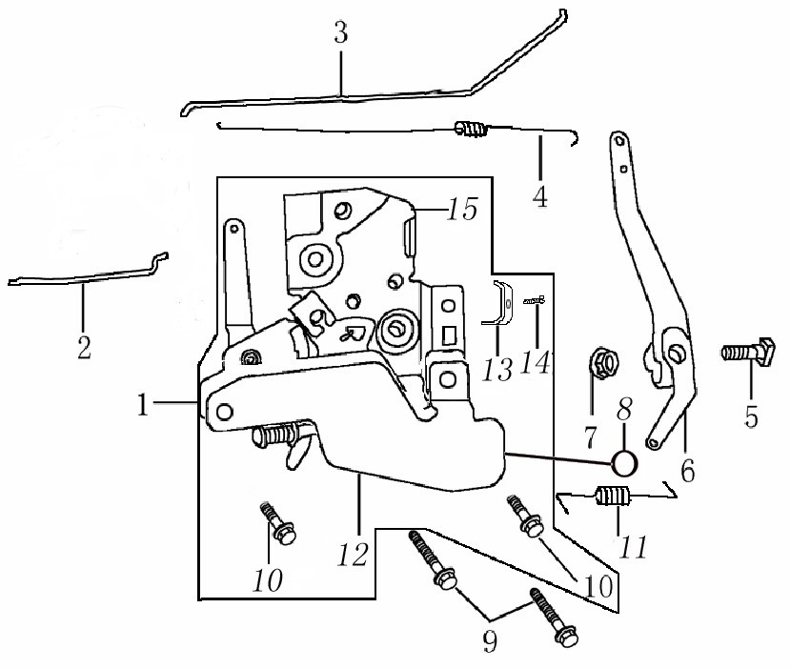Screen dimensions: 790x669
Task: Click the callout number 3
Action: tap(341, 33)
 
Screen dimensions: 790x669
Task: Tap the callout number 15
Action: tap(463, 209)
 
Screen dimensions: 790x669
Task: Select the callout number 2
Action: tap(84, 347)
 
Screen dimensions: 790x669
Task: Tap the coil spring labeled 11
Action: tap(612, 496)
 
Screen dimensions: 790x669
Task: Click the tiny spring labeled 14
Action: tap(535, 301)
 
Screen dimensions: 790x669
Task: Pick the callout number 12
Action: tap(354, 556)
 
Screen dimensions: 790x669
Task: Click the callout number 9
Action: tap(490, 641)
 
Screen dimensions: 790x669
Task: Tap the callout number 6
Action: tap(688, 471)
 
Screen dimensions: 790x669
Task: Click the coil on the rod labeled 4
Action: tap(472, 129)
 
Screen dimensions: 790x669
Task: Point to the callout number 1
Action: tap(144, 404)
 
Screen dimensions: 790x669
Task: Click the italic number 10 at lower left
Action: tap(268, 580)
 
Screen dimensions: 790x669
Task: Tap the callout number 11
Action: tap(633, 547)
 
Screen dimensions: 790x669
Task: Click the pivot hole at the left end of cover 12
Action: tap(224, 413)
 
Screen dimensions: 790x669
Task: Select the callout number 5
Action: tap(751, 416)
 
